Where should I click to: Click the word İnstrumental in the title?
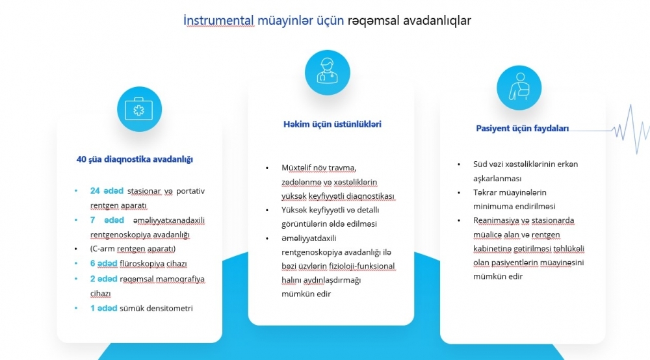click(x=218, y=20)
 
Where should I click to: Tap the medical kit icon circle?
click(x=139, y=109)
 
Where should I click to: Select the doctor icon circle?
click(x=328, y=73)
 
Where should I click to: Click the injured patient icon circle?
click(x=519, y=88)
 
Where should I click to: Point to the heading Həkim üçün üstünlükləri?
click(x=332, y=124)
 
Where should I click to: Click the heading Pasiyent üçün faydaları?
click(x=523, y=129)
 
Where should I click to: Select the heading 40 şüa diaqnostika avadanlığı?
click(x=135, y=159)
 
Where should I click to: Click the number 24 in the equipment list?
click(x=95, y=190)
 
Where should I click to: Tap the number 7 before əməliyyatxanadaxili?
click(x=92, y=220)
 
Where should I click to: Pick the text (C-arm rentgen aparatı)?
click(x=133, y=249)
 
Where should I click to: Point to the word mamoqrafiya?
click(x=180, y=279)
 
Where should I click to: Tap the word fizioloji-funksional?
click(x=362, y=266)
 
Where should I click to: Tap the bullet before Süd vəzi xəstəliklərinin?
click(x=459, y=164)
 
